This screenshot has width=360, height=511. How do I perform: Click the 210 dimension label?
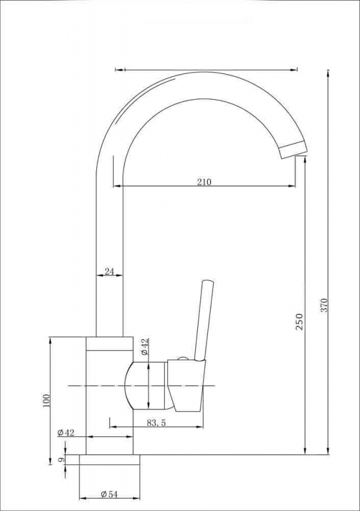click(204, 182)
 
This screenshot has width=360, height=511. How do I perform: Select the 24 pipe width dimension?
click(109, 271)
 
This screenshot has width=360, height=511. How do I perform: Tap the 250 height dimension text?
click(299, 322)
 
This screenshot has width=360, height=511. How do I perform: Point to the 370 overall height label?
click(325, 305)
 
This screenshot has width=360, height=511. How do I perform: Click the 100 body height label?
click(46, 400)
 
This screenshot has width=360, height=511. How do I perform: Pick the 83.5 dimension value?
click(156, 423)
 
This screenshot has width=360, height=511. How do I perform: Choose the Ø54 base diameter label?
click(109, 494)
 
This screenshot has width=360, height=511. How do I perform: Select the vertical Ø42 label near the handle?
click(145, 347)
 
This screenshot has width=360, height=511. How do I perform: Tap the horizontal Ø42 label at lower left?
click(66, 433)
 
